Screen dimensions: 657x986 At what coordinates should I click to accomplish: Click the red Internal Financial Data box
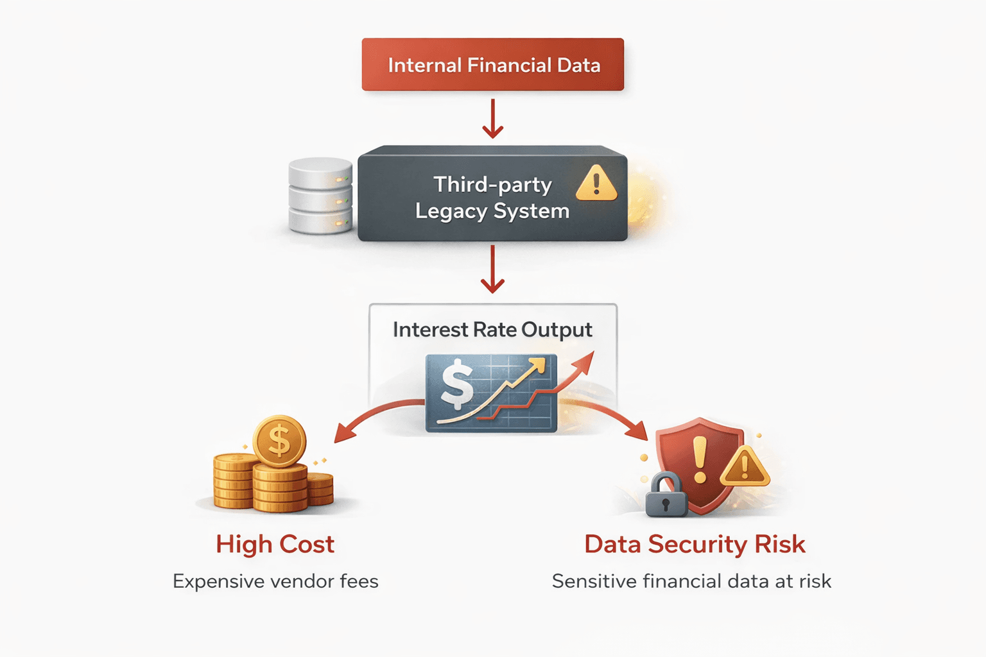(492, 64)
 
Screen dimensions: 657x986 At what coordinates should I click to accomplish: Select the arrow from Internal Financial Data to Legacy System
(492, 119)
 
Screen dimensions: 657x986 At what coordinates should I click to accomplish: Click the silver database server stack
(320, 196)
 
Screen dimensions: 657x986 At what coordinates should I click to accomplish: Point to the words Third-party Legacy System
(492, 198)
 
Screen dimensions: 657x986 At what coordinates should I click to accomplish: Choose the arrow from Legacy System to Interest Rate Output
(492, 269)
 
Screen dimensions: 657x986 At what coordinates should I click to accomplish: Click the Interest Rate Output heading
(492, 330)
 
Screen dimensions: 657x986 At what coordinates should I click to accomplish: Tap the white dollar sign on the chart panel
(457, 384)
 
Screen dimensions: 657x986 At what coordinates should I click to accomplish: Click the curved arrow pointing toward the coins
(372, 414)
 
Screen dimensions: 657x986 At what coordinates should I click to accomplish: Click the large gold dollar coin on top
(279, 441)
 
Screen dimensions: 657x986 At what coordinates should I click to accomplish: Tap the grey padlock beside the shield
(666, 495)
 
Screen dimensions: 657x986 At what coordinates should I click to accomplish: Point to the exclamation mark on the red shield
(700, 459)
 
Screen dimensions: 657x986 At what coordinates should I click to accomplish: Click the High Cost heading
(275, 544)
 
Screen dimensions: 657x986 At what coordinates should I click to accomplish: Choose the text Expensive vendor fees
(275, 581)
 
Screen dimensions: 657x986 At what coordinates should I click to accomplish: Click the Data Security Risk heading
(695, 544)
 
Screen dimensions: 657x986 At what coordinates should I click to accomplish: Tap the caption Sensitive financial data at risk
(691, 581)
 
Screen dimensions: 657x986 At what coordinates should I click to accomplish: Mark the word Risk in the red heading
(779, 544)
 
